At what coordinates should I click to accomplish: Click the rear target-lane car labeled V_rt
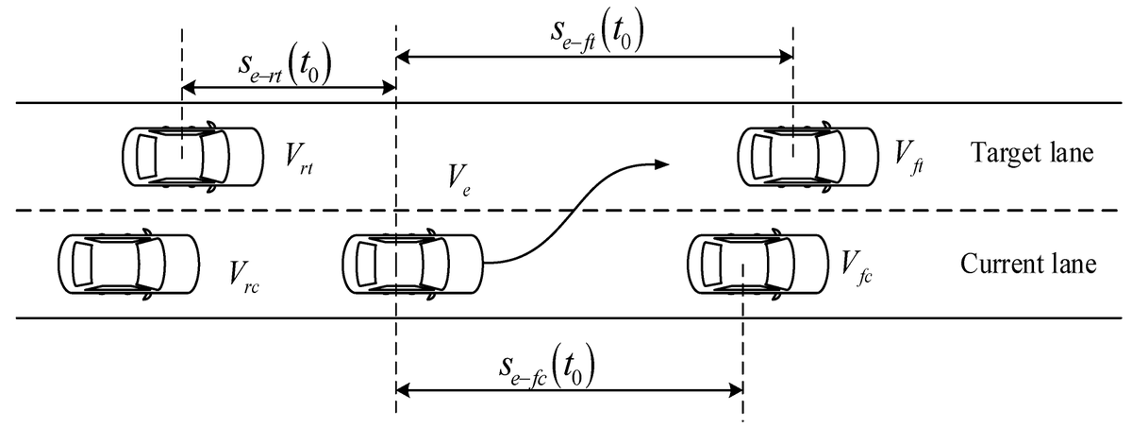pyautogui.click(x=193, y=156)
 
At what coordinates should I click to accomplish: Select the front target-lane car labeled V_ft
pyautogui.click(x=807, y=156)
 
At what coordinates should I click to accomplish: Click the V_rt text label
pyautogui.click(x=301, y=155)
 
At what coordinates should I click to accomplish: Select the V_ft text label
pyautogui.click(x=909, y=155)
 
